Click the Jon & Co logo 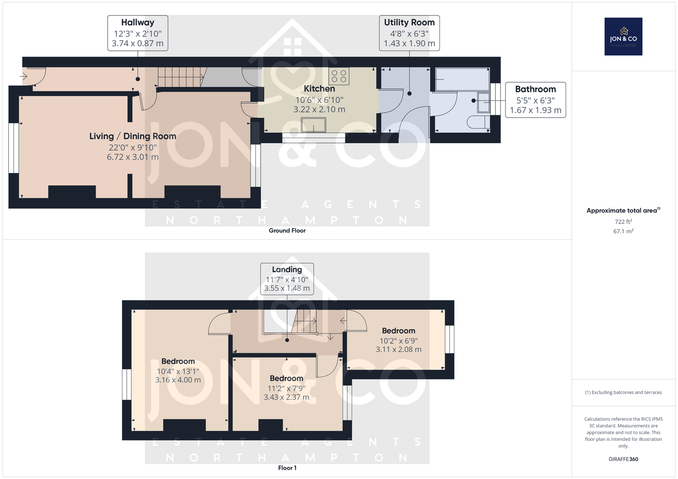point(623,36)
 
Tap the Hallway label point(138,22)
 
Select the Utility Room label point(409,22)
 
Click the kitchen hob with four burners point(339,76)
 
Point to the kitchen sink point(313,125)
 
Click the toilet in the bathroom point(478,122)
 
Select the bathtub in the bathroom point(462,79)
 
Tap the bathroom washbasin point(483,102)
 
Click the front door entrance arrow point(23,76)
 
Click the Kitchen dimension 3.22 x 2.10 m point(320,109)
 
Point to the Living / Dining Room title point(133,136)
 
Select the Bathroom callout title point(536,89)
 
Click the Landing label point(287,270)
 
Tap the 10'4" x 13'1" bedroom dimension point(178,371)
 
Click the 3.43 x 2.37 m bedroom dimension point(286,397)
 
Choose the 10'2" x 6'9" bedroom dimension point(399,341)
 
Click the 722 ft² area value point(623,222)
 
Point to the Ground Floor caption point(287,230)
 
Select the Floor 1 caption point(287,468)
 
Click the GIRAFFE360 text point(623,459)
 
